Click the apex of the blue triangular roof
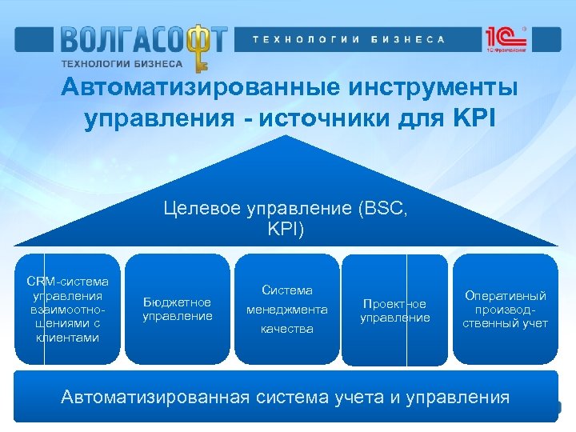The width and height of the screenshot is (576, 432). coord(287,137)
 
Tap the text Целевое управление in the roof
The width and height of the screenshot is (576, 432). coord(249,209)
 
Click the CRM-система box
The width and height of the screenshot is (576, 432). coord(67,309)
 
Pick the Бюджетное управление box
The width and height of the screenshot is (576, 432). coord(178,309)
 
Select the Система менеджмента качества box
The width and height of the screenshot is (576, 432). coord(287,309)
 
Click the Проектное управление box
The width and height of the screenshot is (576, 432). coord(394,310)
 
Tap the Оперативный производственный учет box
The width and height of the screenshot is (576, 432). coord(505,309)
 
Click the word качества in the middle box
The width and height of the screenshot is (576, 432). coord(287,329)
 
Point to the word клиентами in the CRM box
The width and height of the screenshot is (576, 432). coord(67,338)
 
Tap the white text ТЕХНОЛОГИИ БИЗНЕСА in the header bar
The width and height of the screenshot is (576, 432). coord(348,39)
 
